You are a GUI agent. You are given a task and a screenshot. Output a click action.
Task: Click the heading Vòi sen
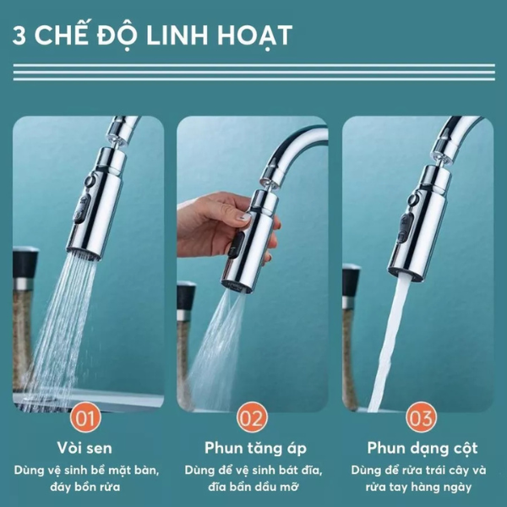coord(84,448)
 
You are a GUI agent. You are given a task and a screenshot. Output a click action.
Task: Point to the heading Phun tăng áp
coord(255,449)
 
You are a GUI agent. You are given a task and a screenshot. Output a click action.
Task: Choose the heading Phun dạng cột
coord(422,449)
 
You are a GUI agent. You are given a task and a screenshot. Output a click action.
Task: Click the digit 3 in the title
coord(19,35)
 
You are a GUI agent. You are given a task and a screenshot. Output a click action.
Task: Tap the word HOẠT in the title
coord(254,36)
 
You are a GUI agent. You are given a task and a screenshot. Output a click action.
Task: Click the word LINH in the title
coord(177,35)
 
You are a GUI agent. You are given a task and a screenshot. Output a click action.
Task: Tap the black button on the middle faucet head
coord(237,245)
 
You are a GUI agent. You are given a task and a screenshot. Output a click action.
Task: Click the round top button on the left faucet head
coord(90,180)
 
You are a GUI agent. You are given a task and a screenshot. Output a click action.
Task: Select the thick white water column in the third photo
coord(390,343)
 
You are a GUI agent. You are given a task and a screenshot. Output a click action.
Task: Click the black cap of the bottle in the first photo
coord(25,262)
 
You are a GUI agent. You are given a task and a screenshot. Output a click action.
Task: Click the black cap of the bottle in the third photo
coord(352,280)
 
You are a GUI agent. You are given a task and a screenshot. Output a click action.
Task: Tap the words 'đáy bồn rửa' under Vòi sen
coord(85,487)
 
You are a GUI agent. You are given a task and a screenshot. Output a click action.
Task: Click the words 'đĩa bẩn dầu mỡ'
coord(253,487)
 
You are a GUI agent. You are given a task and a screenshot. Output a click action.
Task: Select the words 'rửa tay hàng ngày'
coord(418,488)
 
